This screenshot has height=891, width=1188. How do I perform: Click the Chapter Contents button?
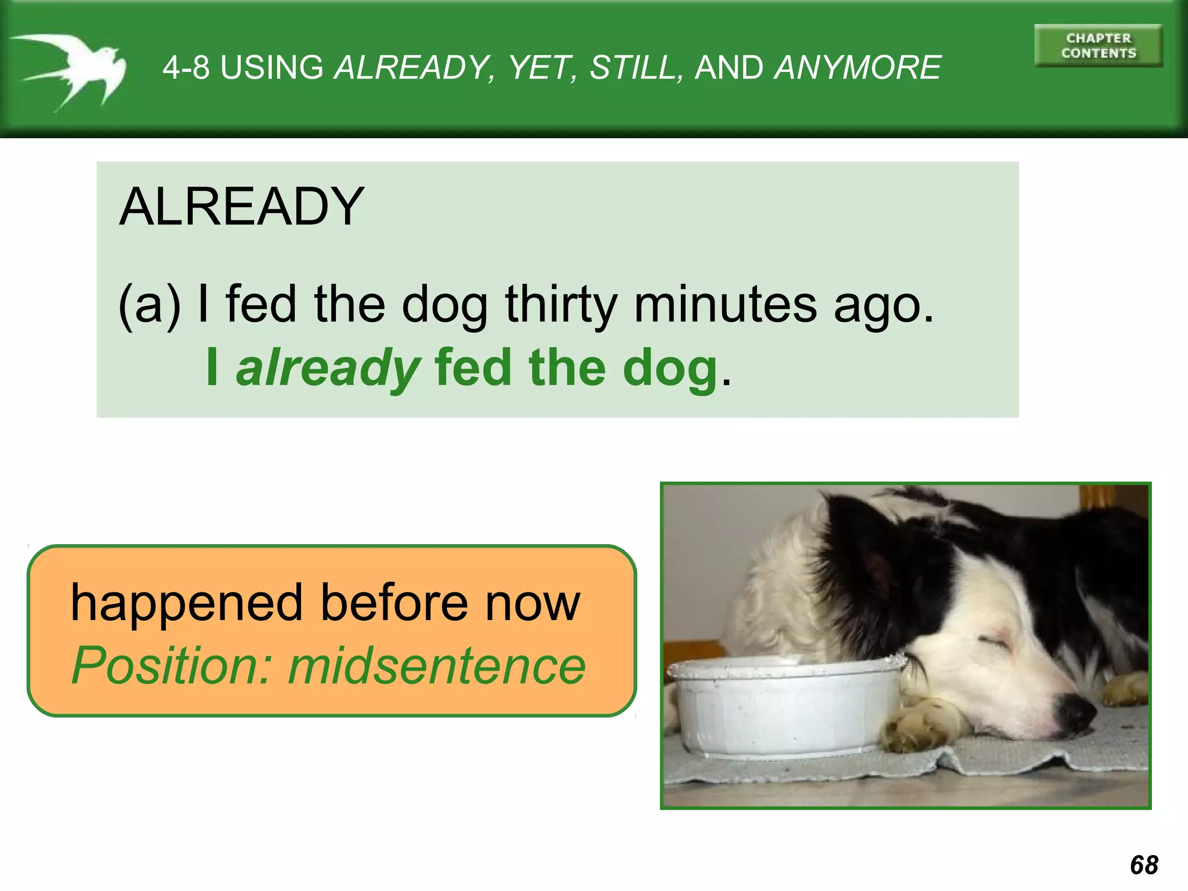pos(1098,46)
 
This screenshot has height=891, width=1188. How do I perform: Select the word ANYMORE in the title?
pos(857,67)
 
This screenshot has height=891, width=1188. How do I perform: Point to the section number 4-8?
pos(186,67)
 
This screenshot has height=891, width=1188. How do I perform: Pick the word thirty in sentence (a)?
pos(561,305)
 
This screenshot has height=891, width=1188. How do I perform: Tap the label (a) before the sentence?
pos(149,305)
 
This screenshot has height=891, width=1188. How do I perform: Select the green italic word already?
pos(328,369)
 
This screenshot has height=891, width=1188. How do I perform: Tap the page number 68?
pos(1144,865)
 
